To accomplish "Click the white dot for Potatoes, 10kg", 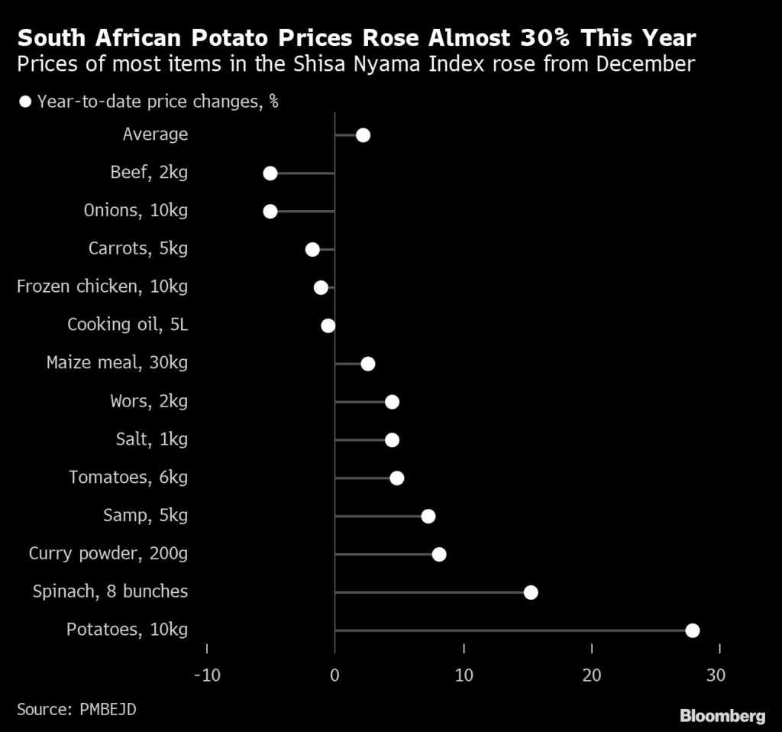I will pos(693,630).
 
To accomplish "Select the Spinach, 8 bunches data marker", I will pos(531,592).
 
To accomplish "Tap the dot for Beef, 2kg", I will pos(270,173).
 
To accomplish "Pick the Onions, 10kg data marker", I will pos(270,212).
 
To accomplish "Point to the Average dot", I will pos(363,135).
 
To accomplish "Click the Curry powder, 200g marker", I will pos(439,554).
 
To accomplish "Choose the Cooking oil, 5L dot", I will pos(328,326).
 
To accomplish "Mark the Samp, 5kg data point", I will pos(428,516).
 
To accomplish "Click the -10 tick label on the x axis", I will pos(206,676).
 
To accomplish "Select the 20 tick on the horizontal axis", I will pos(592,676).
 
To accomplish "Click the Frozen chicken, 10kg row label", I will pos(102,287).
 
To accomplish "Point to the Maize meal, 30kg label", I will pos(117,363).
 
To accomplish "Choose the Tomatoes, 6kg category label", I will pos(128,478).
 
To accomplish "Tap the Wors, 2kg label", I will pos(149,401).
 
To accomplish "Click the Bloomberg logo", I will pos(722,716).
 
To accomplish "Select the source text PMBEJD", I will pos(108,709).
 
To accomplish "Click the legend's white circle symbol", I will pos(25,102).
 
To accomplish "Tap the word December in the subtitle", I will pos(645,63).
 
